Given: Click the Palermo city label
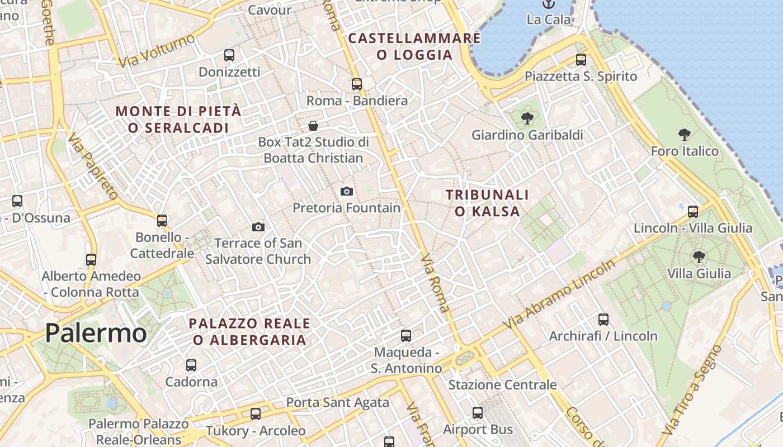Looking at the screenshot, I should (x=96, y=333).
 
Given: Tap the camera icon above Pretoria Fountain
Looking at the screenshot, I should (x=347, y=192).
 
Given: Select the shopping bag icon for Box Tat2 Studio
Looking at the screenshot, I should (x=313, y=126).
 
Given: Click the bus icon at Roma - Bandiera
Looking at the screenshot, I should (x=357, y=84).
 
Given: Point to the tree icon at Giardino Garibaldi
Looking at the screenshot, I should (x=527, y=118).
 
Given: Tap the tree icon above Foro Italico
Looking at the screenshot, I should (x=684, y=135).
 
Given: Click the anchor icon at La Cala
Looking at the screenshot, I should (x=548, y=4).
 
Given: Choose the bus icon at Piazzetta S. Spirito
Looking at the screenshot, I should (x=581, y=60).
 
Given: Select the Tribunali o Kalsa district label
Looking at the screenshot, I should (x=487, y=203).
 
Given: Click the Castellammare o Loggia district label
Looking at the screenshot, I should (x=414, y=46).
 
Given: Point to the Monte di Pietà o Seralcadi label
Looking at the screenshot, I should (x=178, y=119).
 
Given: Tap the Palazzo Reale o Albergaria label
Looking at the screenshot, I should (x=249, y=331).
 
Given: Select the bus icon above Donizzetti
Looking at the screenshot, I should (x=229, y=55).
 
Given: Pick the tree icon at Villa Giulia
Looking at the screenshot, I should (x=699, y=257).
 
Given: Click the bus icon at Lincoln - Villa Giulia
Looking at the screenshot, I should (x=693, y=212).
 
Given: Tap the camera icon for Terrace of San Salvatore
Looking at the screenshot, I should (x=258, y=227).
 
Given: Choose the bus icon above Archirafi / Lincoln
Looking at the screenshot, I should (x=603, y=320).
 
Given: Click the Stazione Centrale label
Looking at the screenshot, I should (x=502, y=384).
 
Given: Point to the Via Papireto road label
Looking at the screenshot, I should (x=93, y=166).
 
